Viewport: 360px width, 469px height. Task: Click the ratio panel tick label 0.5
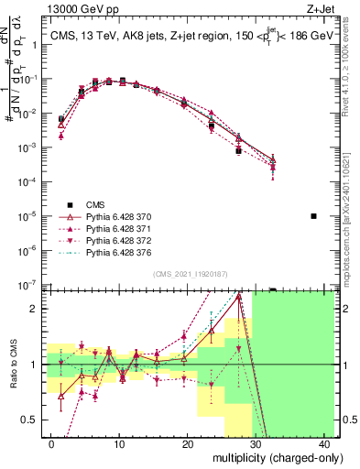coord(34,420)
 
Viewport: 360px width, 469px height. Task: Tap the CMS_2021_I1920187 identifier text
coord(190,274)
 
